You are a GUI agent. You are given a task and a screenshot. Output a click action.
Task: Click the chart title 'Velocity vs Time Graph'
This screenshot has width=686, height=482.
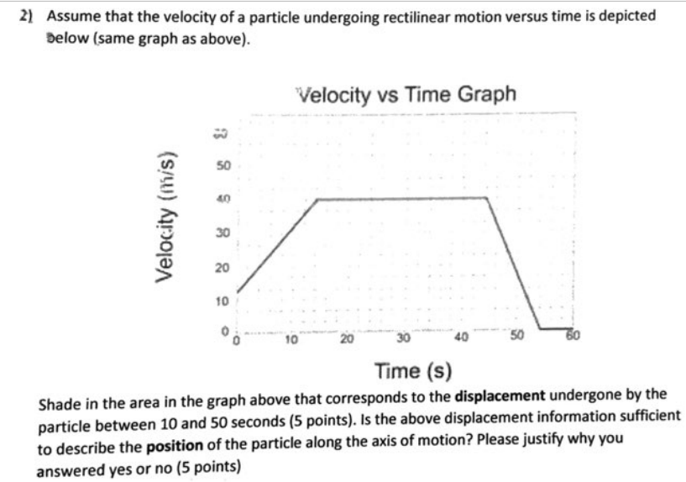click(x=406, y=94)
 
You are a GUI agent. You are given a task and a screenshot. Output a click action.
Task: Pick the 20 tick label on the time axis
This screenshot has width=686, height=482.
click(x=346, y=339)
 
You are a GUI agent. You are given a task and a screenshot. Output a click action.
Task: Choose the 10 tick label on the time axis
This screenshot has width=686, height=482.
click(x=290, y=339)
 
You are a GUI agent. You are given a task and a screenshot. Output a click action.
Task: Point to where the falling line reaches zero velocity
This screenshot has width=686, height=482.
click(x=540, y=328)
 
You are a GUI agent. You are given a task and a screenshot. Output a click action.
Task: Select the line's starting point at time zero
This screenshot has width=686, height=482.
click(x=237, y=292)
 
